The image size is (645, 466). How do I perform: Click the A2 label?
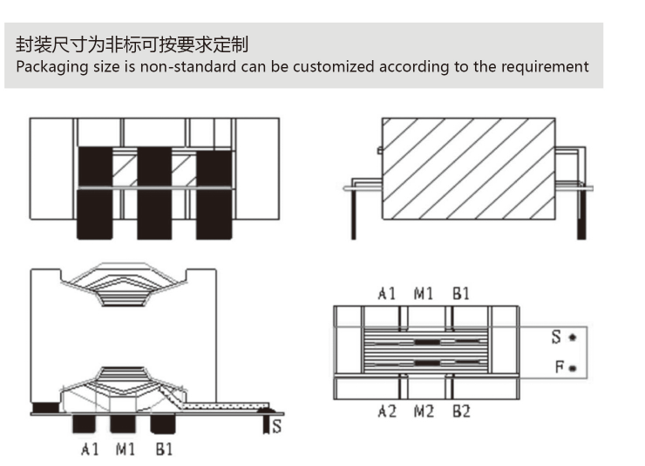tap(387, 411)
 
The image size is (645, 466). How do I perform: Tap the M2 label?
tap(424, 411)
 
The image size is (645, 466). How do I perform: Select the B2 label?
tap(461, 411)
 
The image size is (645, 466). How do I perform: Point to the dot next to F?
tap(573, 368)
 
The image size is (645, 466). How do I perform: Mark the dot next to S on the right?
tap(573, 337)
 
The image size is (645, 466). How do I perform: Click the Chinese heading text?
tap(138, 44)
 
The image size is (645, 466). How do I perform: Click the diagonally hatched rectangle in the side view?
tap(468, 170)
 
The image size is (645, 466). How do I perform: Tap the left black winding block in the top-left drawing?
tap(96, 192)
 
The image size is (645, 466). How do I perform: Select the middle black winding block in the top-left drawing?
tap(154, 192)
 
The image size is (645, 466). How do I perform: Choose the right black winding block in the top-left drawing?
tap(213, 192)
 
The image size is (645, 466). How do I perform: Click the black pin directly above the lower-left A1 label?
tap(85, 423)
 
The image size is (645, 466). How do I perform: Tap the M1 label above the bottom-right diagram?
tap(424, 294)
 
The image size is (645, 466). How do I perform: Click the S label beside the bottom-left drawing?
tap(277, 426)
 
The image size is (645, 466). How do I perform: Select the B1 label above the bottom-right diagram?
tap(461, 294)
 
